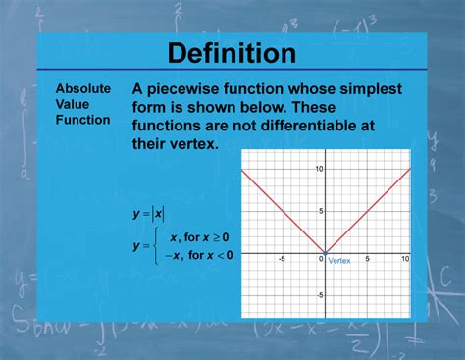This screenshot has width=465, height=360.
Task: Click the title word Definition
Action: [232, 53]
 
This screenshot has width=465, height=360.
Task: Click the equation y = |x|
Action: [148, 213]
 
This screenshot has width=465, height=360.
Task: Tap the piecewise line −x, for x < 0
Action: [197, 255]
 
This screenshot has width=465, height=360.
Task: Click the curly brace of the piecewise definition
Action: [156, 245]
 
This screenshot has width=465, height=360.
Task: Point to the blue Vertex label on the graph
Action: [339, 261]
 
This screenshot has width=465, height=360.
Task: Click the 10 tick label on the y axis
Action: [318, 170]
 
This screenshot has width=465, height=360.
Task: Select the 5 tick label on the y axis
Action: [320, 211]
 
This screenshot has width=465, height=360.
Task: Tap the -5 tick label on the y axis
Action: [319, 294]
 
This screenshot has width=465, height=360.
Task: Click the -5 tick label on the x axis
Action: [283, 259]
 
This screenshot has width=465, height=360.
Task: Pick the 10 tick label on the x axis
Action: [404, 259]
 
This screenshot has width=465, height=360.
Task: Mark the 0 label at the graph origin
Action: [321, 259]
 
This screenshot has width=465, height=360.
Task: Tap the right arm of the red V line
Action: [367, 211]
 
